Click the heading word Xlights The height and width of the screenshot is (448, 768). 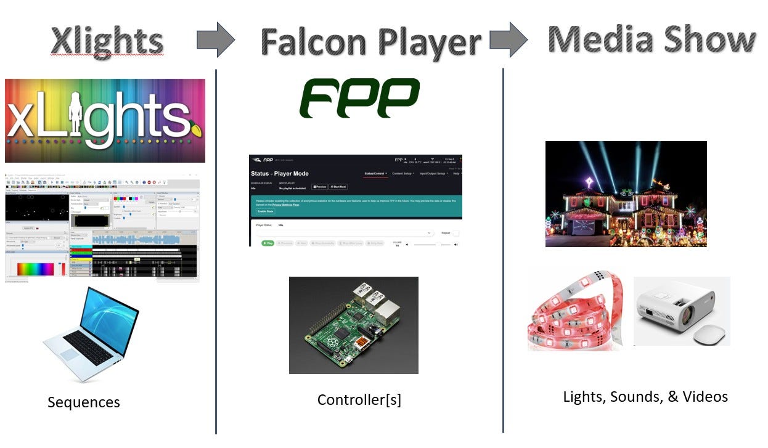[107, 41]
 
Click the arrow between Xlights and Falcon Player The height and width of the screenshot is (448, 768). [216, 39]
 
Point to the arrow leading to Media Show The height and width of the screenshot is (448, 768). [509, 39]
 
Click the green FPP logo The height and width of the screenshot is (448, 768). [359, 98]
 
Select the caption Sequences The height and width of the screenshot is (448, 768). [84, 402]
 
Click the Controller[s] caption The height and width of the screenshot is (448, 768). [359, 399]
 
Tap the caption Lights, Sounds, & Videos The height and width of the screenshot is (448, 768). [645, 396]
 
